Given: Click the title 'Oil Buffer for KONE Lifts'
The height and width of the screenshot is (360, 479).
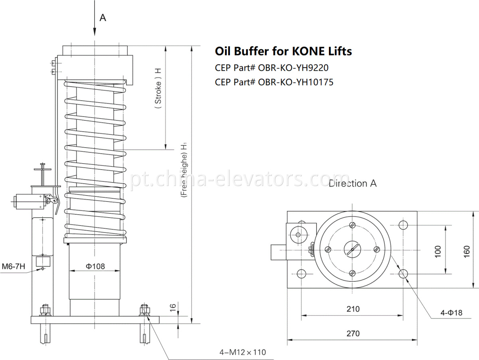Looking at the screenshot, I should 283,51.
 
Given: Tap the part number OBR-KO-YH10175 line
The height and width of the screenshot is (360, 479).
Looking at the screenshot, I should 274,82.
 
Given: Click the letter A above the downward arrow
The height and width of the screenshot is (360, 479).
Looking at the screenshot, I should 103,18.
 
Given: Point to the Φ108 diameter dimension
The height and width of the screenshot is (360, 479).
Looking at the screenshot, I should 95,266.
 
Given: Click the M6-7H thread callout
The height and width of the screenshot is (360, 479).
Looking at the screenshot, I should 13,266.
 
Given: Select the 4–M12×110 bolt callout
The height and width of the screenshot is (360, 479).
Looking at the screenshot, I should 242,352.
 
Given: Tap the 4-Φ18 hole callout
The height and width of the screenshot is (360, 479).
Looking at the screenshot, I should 451,313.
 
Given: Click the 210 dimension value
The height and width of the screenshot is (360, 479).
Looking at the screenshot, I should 353,309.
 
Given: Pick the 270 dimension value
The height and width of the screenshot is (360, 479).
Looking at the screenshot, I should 353,333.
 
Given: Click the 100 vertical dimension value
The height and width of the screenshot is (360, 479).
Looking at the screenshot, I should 438,250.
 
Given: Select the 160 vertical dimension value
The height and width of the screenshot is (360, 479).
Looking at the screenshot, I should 467,250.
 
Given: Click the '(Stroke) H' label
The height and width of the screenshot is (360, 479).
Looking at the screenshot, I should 158,92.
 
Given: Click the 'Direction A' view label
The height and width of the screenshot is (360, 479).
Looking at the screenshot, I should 352,184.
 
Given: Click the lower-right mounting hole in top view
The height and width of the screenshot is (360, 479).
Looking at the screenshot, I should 403,274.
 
